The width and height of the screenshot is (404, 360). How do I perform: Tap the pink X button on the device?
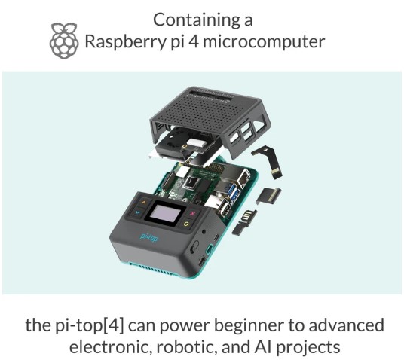coord(194,214)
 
